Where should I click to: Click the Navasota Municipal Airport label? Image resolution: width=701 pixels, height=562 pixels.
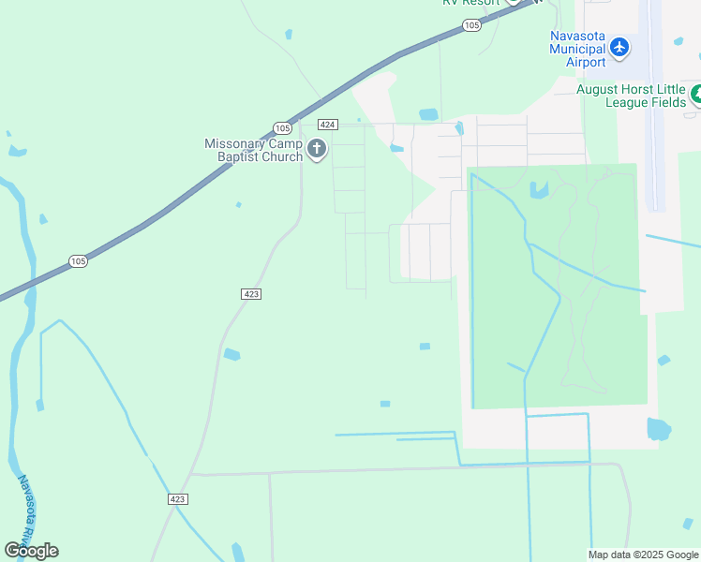pyautogui.click(x=577, y=49)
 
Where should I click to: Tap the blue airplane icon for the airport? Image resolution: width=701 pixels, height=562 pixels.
pyautogui.click(x=619, y=47)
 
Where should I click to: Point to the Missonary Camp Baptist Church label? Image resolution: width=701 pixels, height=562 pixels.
pyautogui.click(x=255, y=150)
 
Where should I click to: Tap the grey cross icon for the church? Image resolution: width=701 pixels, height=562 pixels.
pyautogui.click(x=317, y=149)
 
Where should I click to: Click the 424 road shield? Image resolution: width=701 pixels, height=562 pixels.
pyautogui.click(x=327, y=125)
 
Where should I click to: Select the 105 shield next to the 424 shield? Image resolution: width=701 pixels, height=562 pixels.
pyautogui.click(x=283, y=127)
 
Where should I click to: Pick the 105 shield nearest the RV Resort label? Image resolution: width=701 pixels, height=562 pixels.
pyautogui.click(x=471, y=25)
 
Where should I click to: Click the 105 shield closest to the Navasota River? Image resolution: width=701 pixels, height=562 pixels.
pyautogui.click(x=78, y=261)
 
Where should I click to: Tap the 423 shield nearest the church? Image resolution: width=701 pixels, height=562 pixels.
pyautogui.click(x=250, y=294)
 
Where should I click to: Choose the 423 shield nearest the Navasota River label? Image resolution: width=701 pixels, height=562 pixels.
pyautogui.click(x=179, y=499)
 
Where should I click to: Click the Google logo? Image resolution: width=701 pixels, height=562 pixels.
pyautogui.click(x=31, y=551)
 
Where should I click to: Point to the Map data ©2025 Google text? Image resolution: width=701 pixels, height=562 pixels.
pyautogui.click(x=643, y=555)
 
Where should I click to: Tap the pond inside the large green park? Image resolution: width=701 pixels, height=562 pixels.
pyautogui.click(x=539, y=190)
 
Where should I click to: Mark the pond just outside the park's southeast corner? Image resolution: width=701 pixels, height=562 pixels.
pyautogui.click(x=659, y=430)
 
